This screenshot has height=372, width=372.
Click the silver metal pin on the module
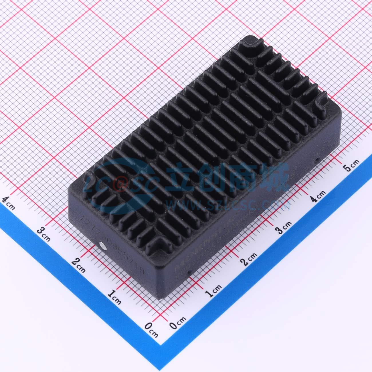pyautogui.click(x=102, y=244)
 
